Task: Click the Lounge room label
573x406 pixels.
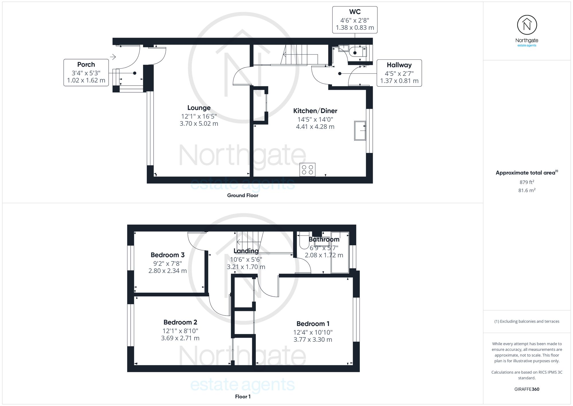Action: [x=199, y=108]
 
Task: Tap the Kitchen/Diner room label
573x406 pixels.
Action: [x=315, y=111]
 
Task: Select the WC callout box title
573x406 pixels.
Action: [x=355, y=12]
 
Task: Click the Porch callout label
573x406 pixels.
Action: [x=86, y=65]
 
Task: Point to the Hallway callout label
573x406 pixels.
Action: [x=399, y=65]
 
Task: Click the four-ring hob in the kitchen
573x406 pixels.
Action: [x=307, y=170]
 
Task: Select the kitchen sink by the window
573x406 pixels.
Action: [x=360, y=131]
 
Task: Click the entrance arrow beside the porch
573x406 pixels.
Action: [x=113, y=57]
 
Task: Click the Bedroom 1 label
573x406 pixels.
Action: [x=313, y=324]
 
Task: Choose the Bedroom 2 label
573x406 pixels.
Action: [x=180, y=322]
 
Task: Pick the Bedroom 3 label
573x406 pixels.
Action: [x=168, y=255]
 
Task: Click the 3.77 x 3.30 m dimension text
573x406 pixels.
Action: [x=313, y=340]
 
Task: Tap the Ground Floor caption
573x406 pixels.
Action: [x=243, y=195]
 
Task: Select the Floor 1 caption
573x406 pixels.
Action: [x=243, y=397]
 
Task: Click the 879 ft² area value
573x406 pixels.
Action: [x=527, y=182]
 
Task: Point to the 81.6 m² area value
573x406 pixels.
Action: [x=527, y=190]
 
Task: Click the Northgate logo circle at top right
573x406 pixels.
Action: [x=527, y=25]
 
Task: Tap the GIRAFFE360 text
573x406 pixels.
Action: [x=527, y=389]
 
